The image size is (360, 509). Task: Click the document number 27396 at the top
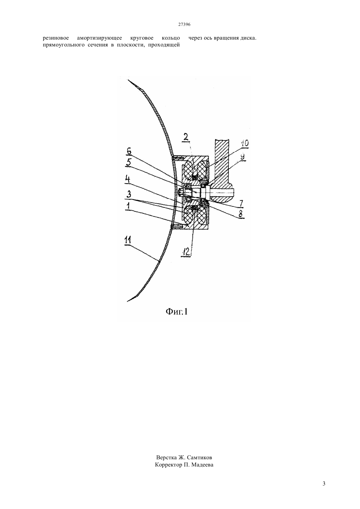[184, 25]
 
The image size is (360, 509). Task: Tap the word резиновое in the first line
[56, 38]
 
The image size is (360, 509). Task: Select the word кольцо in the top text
[171, 38]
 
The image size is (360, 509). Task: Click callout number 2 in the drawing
[186, 137]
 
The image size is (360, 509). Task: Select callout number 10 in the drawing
[244, 144]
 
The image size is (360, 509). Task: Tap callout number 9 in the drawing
[243, 157]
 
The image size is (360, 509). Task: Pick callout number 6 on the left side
[129, 151]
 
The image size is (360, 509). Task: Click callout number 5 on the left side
[129, 163]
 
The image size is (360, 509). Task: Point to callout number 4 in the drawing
[128, 179]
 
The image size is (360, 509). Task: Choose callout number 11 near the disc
[128, 240]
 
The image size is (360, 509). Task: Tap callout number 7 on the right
[241, 203]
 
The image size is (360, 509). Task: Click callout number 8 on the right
[241, 214]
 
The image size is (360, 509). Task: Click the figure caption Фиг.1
[177, 312]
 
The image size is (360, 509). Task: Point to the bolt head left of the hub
[181, 192]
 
